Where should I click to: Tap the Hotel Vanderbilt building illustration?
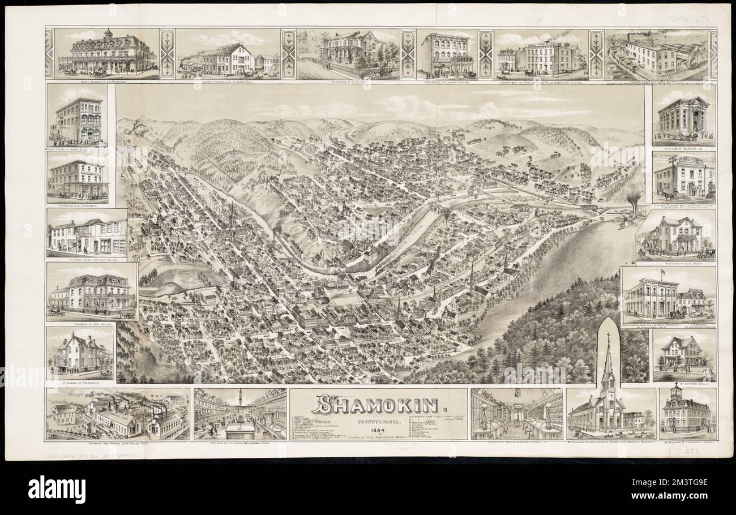click(108, 54)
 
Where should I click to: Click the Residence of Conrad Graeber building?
click(447, 54)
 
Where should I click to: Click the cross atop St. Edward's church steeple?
click(608, 336)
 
